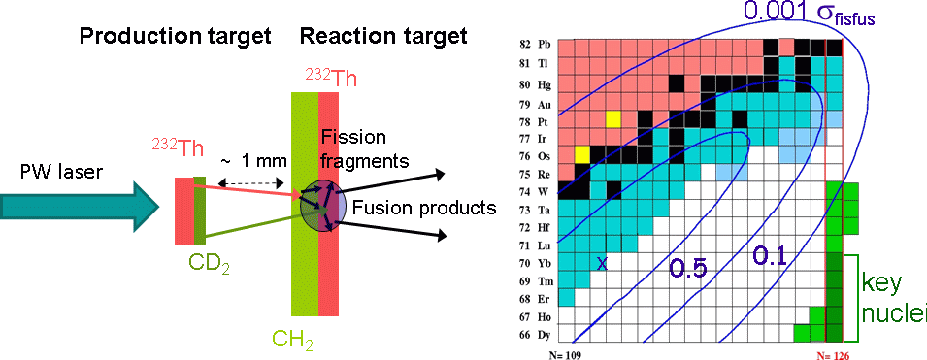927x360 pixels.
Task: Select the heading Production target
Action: (x=175, y=37)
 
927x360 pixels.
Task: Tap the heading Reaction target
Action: (x=383, y=37)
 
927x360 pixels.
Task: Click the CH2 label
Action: (x=292, y=340)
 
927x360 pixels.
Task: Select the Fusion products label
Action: (x=422, y=208)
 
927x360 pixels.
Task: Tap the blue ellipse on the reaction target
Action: (x=323, y=207)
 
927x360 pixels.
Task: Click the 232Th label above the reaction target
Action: (x=331, y=78)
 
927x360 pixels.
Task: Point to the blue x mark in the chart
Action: (x=602, y=265)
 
